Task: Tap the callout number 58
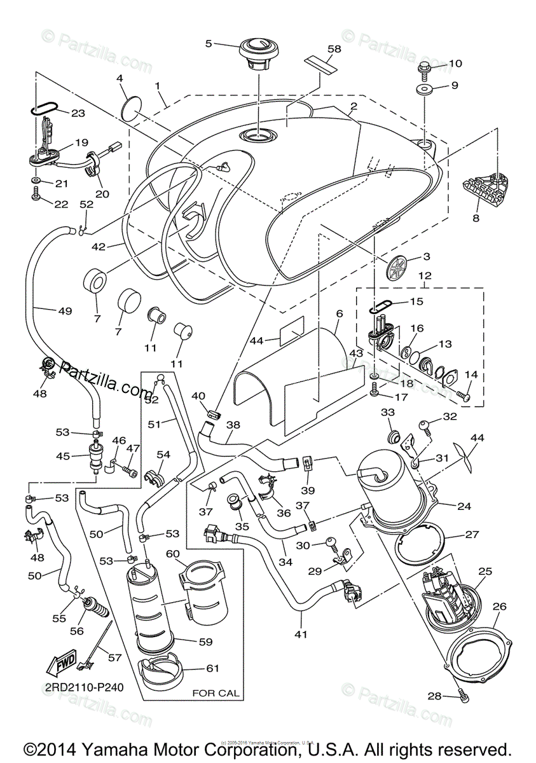pyautogui.click(x=334, y=49)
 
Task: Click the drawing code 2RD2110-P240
pyautogui.click(x=83, y=687)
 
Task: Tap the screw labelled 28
pyautogui.click(x=464, y=698)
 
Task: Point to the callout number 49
pyautogui.click(x=65, y=312)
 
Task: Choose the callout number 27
pyautogui.click(x=471, y=534)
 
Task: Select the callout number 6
pyautogui.click(x=339, y=313)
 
